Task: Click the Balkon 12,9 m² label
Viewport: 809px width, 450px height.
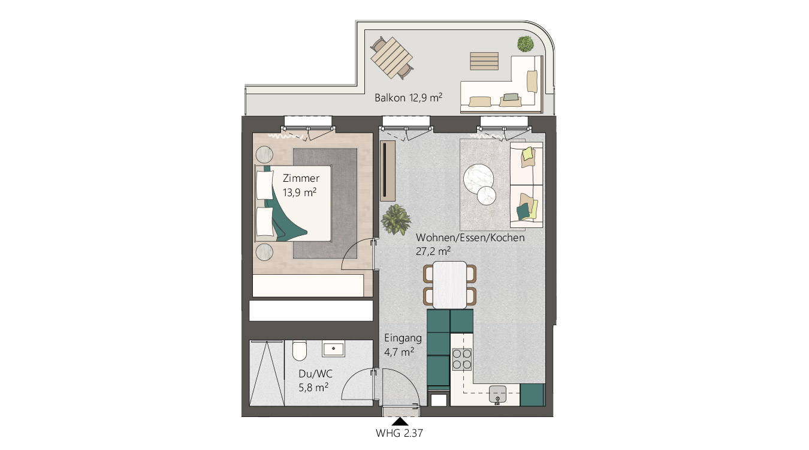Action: coord(408,98)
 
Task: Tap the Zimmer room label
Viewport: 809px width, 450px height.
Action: coord(301,178)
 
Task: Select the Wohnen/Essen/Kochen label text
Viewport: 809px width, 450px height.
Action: coord(470,238)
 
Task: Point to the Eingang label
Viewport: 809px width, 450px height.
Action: coord(403,338)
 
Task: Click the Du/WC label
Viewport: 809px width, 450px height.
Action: coord(315,373)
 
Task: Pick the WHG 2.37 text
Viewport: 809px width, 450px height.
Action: coord(399,433)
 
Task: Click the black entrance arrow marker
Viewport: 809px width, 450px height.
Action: coord(400,421)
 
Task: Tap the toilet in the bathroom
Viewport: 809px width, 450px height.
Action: coord(300,350)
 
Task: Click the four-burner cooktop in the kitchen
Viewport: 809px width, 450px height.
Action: coord(461,359)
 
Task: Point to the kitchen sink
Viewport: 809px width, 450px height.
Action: coord(497,394)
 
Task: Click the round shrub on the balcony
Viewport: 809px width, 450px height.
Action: coord(526,44)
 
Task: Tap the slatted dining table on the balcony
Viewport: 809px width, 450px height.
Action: coord(392,58)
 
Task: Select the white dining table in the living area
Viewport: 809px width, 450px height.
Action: coord(449,284)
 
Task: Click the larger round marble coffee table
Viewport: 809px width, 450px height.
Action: coord(479,179)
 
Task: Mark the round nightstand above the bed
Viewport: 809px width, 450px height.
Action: coord(264,154)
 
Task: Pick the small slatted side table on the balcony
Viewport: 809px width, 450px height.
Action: coord(484,61)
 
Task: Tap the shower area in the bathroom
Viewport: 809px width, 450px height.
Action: coord(267,373)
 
